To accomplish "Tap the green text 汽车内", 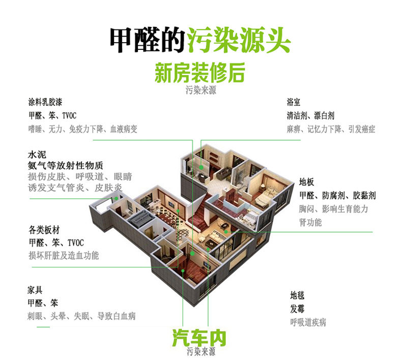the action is click(199, 337).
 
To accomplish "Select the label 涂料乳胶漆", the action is click(45, 102).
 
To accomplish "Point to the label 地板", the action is click(306, 181).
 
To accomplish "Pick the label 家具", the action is click(35, 290).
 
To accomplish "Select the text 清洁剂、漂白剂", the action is click(310, 115).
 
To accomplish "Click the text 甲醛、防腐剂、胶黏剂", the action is click(337, 195).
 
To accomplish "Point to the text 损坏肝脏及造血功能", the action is click(64, 255).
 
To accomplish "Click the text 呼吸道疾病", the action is click(308, 322).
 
